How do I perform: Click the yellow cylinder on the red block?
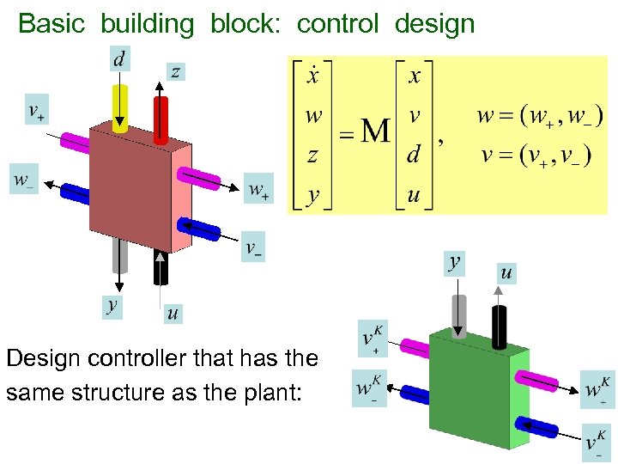pyautogui.click(x=120, y=108)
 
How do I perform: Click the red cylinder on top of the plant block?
pyautogui.click(x=161, y=119)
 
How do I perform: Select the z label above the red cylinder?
pyautogui.click(x=175, y=71)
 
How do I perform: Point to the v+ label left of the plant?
pyautogui.click(x=36, y=112)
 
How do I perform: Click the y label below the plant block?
pyautogui.click(x=111, y=305)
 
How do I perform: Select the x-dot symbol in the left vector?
pyautogui.click(x=313, y=76)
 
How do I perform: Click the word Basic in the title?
pyautogui.click(x=51, y=23)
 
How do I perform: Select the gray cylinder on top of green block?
pyautogui.click(x=459, y=315)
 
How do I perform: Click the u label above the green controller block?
pyautogui.click(x=506, y=272)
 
